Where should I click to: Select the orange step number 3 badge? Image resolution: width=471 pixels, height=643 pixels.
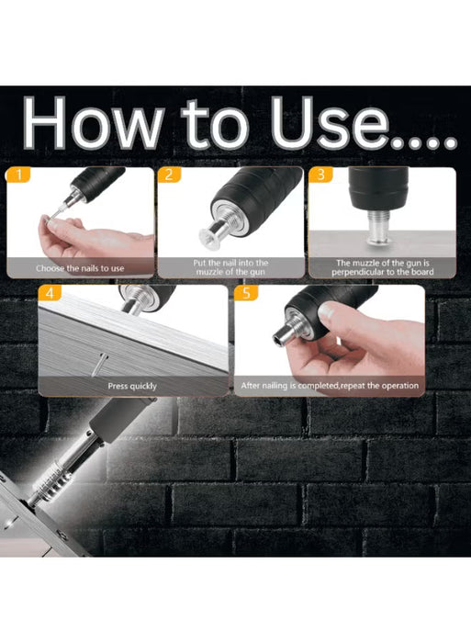[319, 174]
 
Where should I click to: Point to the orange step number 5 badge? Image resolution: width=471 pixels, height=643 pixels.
[244, 293]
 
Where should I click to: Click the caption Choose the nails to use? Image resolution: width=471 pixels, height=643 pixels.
[80, 268]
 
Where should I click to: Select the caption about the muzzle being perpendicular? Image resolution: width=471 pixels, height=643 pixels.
[382, 267]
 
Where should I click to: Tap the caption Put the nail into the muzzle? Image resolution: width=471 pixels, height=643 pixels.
[230, 267]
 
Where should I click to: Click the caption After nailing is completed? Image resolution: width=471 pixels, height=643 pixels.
[329, 386]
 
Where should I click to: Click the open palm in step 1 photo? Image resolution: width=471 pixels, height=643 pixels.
[92, 241]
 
